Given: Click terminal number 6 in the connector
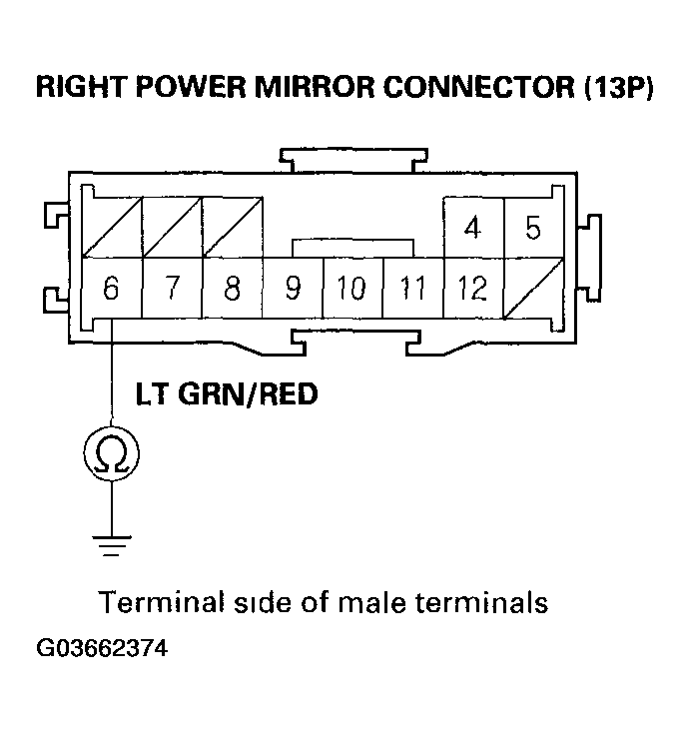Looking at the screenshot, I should click(x=111, y=290).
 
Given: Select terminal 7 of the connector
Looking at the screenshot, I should click(x=172, y=290).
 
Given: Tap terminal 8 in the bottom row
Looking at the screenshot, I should click(x=232, y=290).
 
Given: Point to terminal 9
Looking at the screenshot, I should click(x=293, y=290).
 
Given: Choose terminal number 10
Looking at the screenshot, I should click(x=351, y=290).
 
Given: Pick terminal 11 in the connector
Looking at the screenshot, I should click(x=412, y=290).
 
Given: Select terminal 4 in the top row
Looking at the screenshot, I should click(x=472, y=229).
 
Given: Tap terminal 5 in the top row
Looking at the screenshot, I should click(x=533, y=229).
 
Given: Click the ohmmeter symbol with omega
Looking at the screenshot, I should click(x=111, y=455).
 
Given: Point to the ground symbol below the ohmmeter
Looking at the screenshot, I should click(x=111, y=544).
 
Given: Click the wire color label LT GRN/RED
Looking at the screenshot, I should click(x=227, y=394).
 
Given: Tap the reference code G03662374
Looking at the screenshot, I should click(x=102, y=648).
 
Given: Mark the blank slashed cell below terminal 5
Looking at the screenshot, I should click(x=533, y=290).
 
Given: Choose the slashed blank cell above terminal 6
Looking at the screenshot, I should click(x=111, y=229).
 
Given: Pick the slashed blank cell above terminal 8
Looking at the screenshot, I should click(x=232, y=229).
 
